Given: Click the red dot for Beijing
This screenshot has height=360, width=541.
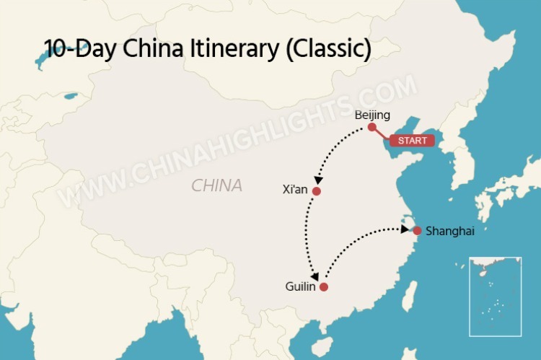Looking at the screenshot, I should click(x=371, y=127).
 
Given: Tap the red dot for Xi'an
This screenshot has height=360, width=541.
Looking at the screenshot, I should click(x=316, y=191).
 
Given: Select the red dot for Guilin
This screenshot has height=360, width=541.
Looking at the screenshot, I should click(x=324, y=286).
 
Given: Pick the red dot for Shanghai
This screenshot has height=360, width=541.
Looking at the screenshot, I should click(x=417, y=231).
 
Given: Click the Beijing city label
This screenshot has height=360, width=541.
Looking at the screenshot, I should click(x=372, y=115).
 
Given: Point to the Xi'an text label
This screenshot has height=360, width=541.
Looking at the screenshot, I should click(x=296, y=190).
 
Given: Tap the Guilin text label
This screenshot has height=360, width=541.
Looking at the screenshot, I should click(x=301, y=286).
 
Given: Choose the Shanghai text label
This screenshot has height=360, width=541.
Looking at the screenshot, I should click(x=450, y=231).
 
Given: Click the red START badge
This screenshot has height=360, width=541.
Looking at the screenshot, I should click(x=412, y=141).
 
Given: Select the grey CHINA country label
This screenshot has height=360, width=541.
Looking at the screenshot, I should click(x=216, y=185).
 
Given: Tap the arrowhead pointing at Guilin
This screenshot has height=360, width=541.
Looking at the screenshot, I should click(x=315, y=276).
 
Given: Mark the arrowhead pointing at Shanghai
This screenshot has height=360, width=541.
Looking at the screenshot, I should click(x=405, y=229).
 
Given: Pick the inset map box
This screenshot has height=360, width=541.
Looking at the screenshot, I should click(x=495, y=297).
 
